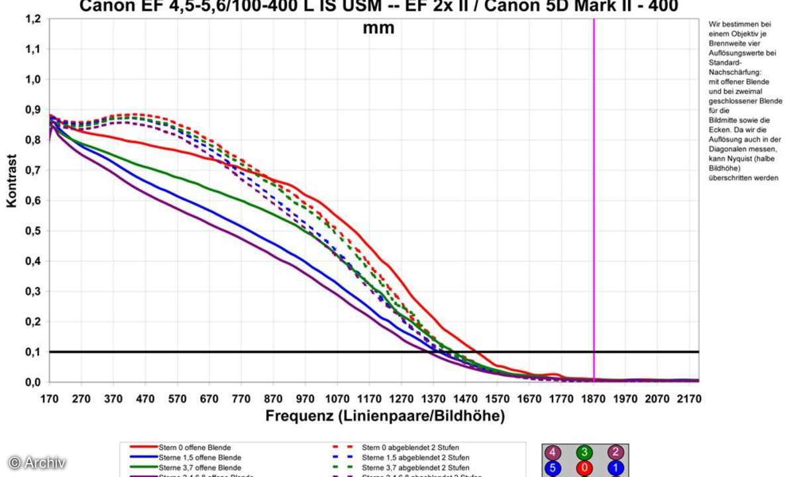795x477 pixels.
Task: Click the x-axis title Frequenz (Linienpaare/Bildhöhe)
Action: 385,416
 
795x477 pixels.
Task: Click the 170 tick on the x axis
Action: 50,399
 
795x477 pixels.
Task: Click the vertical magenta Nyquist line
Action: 594,199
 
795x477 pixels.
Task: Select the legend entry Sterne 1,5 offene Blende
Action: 199,458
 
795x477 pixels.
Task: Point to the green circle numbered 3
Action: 584,453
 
